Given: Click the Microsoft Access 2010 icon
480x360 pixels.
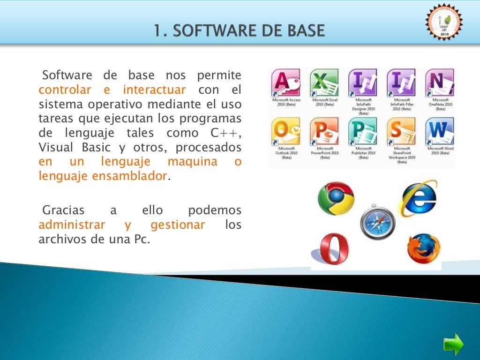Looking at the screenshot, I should (286, 83).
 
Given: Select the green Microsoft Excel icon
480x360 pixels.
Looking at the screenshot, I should (324, 83).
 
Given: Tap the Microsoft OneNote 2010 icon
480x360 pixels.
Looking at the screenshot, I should (440, 83).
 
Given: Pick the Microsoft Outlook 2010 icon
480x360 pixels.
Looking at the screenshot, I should (286, 132).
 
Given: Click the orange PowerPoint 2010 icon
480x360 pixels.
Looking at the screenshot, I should (324, 132).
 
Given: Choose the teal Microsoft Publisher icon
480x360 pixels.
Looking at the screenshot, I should (363, 132).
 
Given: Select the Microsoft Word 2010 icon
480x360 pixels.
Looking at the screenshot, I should (440, 132).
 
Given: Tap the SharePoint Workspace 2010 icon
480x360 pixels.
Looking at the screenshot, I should (401, 132).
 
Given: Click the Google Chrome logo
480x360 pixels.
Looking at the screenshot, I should (336, 198).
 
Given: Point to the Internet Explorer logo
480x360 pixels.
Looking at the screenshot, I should (418, 197).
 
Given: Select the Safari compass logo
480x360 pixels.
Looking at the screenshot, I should (378, 222).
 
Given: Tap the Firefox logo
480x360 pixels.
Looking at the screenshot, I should (423, 248).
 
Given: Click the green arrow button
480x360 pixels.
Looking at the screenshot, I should (453, 345).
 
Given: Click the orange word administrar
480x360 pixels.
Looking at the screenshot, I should (72, 225).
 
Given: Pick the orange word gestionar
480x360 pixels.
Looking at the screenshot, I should (178, 225).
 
